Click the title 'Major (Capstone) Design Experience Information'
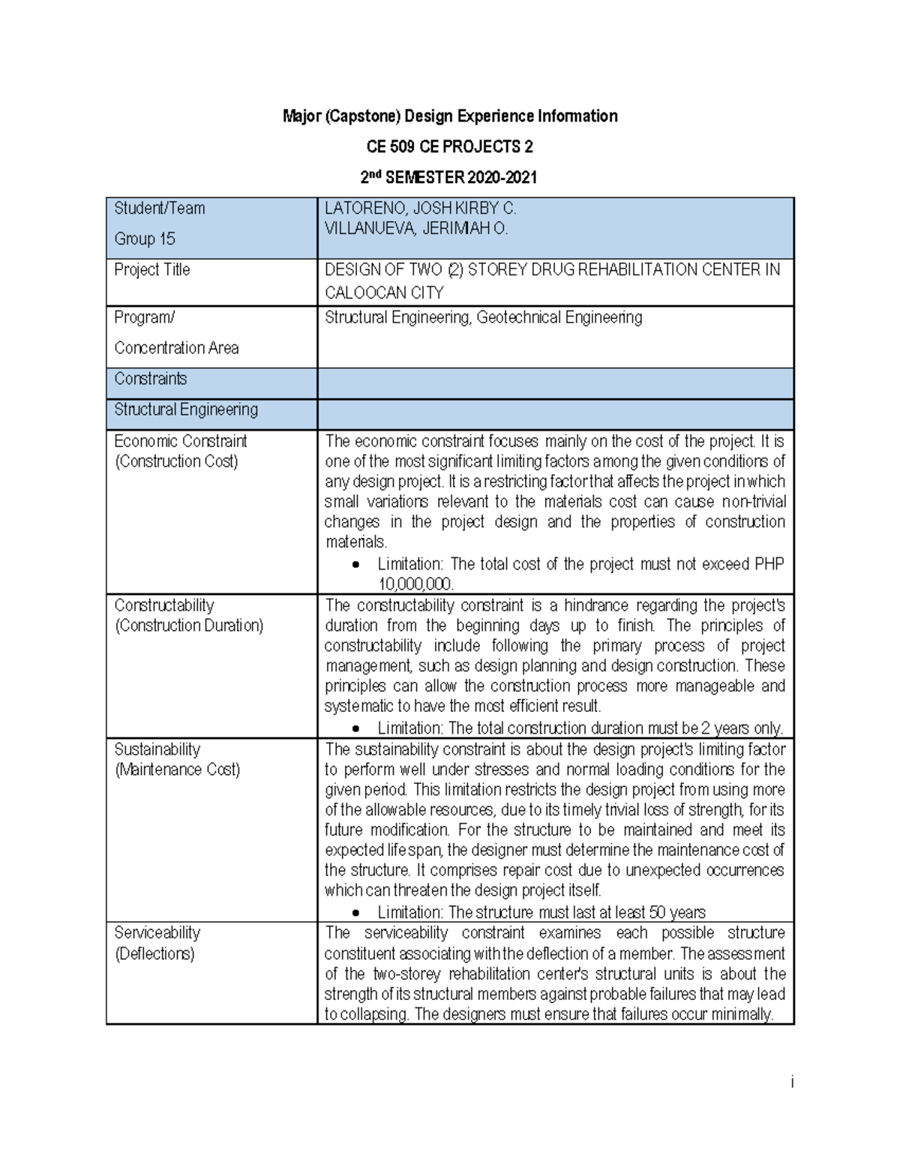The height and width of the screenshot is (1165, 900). point(449,116)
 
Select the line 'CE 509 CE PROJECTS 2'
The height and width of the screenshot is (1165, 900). point(449,146)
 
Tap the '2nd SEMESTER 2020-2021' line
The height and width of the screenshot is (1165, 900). point(449,178)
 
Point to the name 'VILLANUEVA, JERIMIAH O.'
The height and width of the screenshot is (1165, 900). point(415,229)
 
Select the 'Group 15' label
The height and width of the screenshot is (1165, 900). point(144,239)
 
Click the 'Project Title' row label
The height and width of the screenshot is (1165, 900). point(151,269)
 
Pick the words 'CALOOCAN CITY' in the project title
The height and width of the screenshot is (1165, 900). point(384,293)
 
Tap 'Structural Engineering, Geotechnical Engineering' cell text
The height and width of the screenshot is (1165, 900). point(483,317)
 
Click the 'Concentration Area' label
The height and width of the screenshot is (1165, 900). point(176,348)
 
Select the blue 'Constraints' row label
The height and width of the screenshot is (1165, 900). point(150,379)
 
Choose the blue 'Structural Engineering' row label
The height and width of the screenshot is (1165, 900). point(185,410)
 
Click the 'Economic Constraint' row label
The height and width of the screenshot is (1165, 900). point(180,441)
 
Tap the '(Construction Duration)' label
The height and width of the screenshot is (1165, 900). point(188,626)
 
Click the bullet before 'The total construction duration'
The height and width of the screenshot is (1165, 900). point(356,728)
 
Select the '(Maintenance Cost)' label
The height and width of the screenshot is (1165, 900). point(177,770)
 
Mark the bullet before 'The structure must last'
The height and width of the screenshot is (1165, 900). point(356,913)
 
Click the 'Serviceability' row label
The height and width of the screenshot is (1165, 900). point(157,932)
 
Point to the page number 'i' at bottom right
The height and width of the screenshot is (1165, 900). point(790,1082)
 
